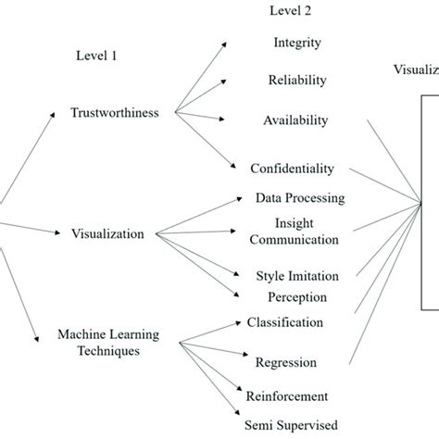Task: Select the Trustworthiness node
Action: (115, 113)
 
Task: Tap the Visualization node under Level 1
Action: (107, 234)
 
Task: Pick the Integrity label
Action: (298, 43)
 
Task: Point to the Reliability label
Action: (297, 80)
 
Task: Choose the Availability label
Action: (295, 120)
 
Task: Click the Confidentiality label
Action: (292, 169)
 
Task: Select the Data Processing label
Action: (300, 198)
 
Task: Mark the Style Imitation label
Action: (296, 276)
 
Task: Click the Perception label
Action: (297, 297)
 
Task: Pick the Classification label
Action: (284, 322)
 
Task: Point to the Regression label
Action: (286, 362)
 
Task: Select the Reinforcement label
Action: (286, 396)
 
